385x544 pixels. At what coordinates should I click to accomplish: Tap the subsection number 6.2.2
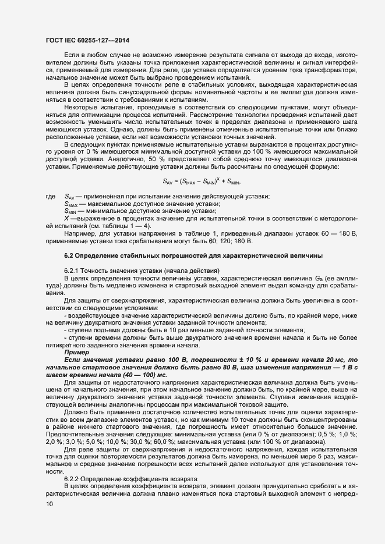pos(71,478)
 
